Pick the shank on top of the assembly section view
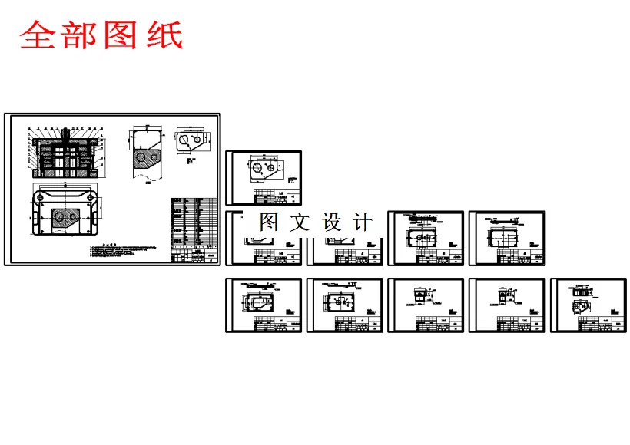pyautogui.click(x=65, y=132)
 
